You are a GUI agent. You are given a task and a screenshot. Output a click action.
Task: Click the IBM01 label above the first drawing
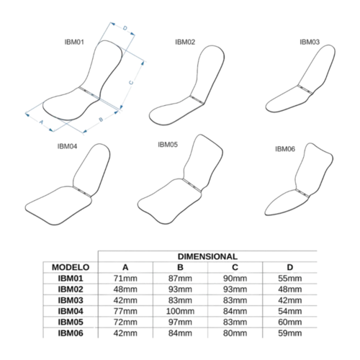click(74, 42)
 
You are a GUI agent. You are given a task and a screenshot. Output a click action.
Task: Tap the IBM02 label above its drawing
click(185, 42)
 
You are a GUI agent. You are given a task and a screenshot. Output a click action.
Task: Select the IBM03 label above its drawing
click(310, 42)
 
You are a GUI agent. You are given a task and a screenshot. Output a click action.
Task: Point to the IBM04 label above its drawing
click(67, 146)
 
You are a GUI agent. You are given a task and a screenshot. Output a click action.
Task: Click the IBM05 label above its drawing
click(168, 145)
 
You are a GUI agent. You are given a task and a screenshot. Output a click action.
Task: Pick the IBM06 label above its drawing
click(285, 149)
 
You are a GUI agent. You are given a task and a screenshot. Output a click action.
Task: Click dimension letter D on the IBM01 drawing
click(125, 28)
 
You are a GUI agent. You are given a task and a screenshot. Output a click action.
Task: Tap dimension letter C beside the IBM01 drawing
click(131, 83)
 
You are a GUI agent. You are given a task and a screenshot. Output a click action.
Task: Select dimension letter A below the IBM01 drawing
click(41, 122)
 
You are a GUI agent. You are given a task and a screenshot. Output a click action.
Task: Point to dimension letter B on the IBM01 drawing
click(101, 120)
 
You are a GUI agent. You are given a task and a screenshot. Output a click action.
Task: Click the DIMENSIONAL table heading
click(207, 256)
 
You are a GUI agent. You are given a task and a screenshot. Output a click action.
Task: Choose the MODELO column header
click(71, 267)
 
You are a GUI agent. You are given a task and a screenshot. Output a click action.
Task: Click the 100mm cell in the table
click(180, 311)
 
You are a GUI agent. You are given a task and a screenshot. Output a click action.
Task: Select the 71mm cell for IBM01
click(125, 279)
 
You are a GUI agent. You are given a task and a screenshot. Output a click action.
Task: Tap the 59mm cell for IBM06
click(290, 333)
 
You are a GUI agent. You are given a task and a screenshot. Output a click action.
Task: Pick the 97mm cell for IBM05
click(180, 322)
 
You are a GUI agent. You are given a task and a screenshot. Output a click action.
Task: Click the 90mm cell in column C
click(235, 279)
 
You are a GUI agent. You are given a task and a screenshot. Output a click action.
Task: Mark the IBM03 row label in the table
click(71, 300)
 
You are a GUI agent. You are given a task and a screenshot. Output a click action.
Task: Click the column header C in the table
click(235, 267)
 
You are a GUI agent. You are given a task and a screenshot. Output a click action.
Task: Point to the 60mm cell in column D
click(290, 322)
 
